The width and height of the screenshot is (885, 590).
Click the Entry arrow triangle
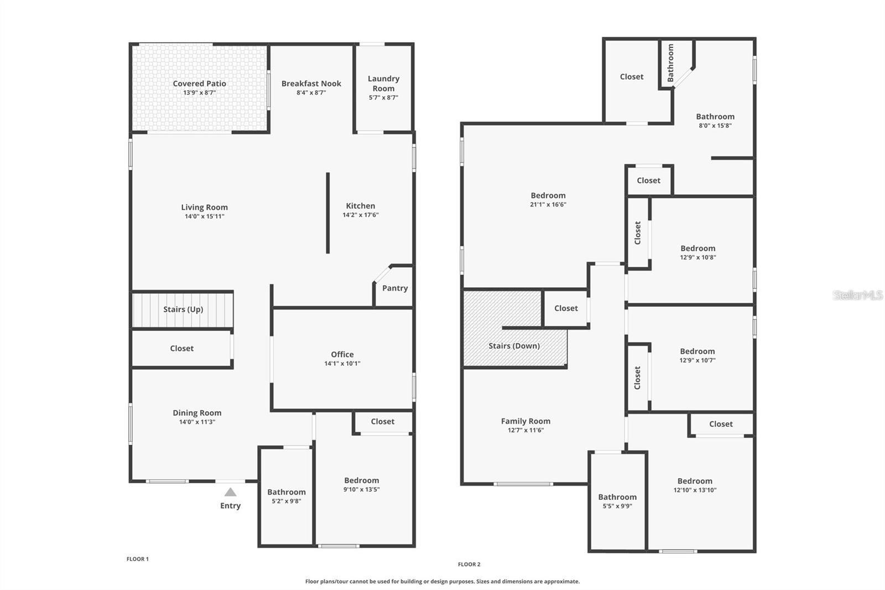click(x=231, y=492)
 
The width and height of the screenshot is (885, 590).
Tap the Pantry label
click(x=395, y=288)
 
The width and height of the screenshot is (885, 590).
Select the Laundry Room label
click(x=383, y=83)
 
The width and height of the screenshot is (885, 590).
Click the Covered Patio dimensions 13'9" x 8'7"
click(x=199, y=93)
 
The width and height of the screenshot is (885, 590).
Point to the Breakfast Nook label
click(x=311, y=84)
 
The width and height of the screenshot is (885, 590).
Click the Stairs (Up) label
click(x=183, y=309)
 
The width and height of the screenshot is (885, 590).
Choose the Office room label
click(x=342, y=354)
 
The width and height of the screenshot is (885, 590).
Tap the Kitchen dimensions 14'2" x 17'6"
click(x=361, y=215)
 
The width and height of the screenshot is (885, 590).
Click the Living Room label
click(x=204, y=207)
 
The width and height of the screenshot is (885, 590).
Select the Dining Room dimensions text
click(x=197, y=422)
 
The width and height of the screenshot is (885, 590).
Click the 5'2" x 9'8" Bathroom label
click(x=287, y=492)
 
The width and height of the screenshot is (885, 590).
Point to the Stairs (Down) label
click(x=514, y=346)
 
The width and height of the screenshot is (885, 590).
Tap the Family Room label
click(x=525, y=421)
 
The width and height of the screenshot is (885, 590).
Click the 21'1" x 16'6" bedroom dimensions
click(x=548, y=204)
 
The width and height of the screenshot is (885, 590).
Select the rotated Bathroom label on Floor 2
click(x=670, y=63)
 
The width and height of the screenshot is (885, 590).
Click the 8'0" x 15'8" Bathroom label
click(x=715, y=116)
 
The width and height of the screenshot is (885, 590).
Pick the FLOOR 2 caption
click(x=469, y=565)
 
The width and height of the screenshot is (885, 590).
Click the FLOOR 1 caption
click(x=138, y=559)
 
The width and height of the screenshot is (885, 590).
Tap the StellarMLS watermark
click(x=857, y=295)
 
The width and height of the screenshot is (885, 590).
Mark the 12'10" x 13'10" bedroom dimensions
click(x=695, y=490)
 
